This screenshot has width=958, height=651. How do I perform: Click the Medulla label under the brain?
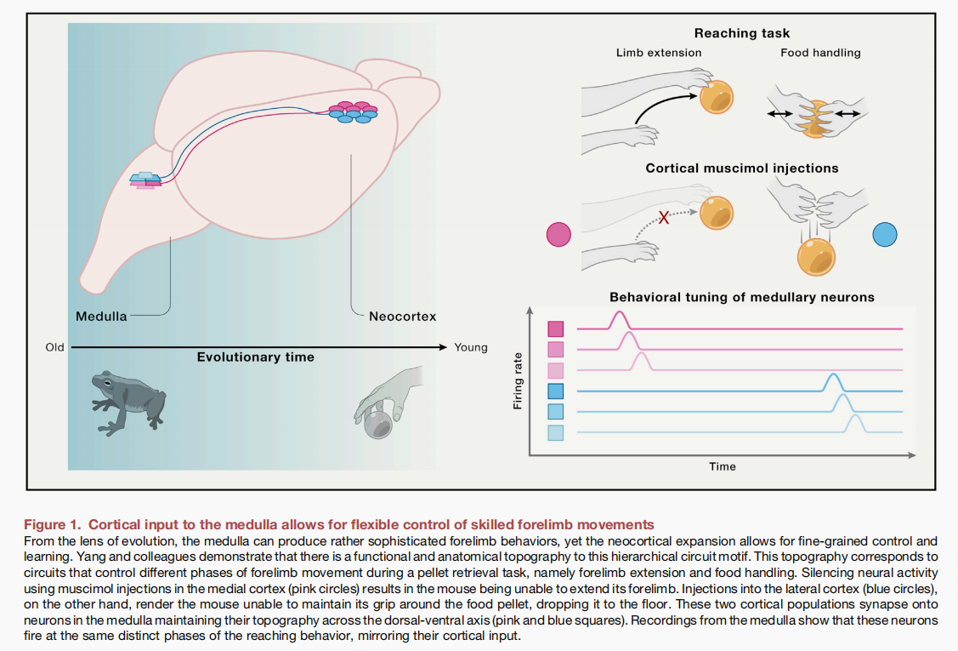[101, 317]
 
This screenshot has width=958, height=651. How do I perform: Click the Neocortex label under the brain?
[402, 317]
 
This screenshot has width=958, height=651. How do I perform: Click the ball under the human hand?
[377, 425]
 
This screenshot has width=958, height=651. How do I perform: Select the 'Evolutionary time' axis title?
[255, 357]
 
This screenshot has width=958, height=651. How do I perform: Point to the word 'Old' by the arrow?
[55, 347]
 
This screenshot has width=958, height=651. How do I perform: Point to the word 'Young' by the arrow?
[471, 347]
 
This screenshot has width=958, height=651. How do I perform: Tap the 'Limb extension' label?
[659, 53]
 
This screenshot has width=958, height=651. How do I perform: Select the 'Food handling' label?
[820, 53]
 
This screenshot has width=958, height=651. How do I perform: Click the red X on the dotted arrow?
[665, 219]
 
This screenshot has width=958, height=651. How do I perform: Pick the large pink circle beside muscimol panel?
[558, 234]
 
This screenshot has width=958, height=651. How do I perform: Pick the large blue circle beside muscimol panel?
[885, 234]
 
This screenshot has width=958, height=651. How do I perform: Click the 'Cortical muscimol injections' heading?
[741, 168]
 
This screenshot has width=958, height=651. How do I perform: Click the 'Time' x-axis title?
[723, 466]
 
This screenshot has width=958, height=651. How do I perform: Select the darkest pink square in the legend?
[556, 328]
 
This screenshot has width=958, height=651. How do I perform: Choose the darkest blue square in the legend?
[556, 391]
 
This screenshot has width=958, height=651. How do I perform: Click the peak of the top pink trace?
[619, 314]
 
